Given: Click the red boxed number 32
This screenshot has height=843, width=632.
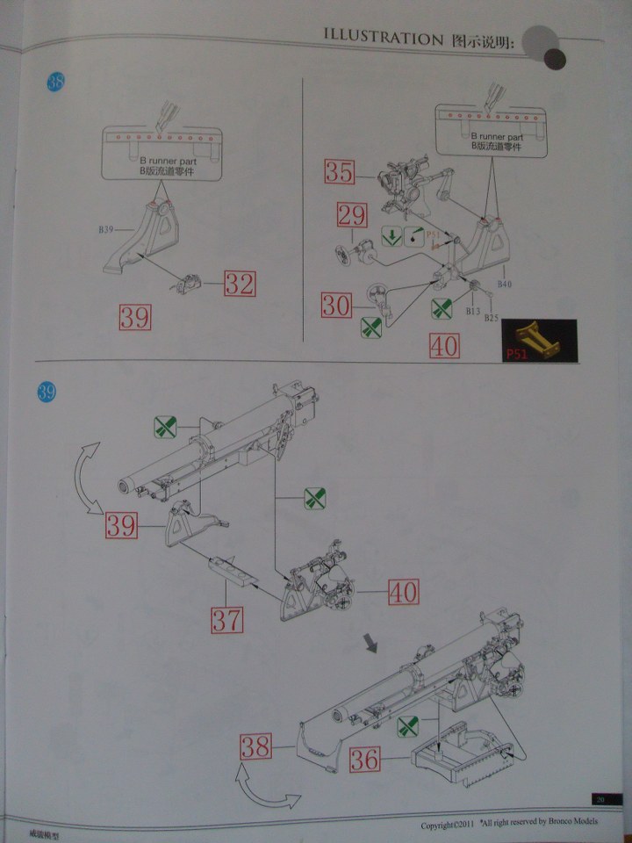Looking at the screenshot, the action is (x=239, y=284).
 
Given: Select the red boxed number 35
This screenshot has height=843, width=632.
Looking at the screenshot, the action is (x=339, y=171).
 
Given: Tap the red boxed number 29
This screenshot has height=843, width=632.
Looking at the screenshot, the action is (x=352, y=214).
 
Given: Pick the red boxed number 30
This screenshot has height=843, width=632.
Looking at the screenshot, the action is (x=336, y=305).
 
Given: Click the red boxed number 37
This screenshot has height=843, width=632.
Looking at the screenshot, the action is (x=226, y=620).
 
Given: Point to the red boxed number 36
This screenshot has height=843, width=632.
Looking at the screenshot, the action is (x=365, y=758).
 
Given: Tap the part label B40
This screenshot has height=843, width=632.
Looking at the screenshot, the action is (x=505, y=285).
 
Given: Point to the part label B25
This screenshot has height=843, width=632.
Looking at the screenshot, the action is (x=492, y=317).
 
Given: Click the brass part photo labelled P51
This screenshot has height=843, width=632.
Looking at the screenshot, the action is (x=536, y=341).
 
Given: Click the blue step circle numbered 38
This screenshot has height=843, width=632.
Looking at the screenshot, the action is (x=55, y=83).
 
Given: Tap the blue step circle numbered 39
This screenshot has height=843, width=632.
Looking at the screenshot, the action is (x=46, y=392).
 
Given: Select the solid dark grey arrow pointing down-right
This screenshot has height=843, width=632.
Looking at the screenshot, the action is (x=373, y=645).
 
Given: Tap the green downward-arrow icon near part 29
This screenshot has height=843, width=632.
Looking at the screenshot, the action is (x=392, y=236).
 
